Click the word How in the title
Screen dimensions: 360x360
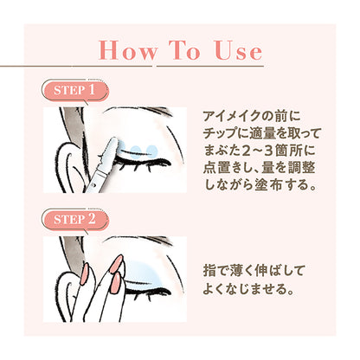pos(130,50)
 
